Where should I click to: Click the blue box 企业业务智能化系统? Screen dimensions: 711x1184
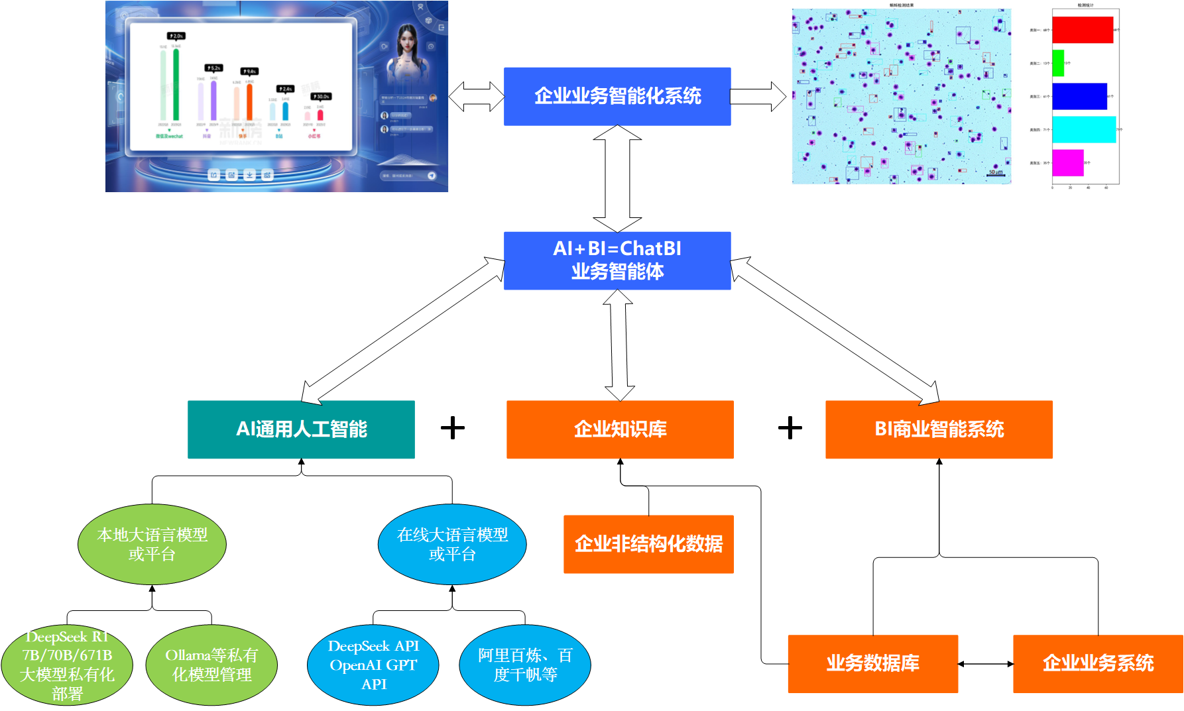(617, 97)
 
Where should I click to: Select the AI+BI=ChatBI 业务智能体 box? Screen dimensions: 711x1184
(617, 260)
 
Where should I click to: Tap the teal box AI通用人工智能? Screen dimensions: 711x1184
(301, 429)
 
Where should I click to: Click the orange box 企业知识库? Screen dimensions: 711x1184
(620, 429)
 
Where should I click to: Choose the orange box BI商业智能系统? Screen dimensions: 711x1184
(939, 429)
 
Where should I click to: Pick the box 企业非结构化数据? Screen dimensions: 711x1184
(648, 544)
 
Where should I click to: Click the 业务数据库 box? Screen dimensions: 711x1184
(872, 663)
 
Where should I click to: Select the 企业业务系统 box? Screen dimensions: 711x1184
(1098, 663)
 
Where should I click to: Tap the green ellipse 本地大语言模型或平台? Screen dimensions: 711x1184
(152, 544)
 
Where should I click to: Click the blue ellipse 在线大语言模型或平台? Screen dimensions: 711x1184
(452, 544)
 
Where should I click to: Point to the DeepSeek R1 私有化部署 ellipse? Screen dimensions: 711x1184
(67, 665)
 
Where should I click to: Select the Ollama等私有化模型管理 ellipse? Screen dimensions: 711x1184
(211, 665)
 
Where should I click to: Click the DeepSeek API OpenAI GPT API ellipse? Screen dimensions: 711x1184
(373, 665)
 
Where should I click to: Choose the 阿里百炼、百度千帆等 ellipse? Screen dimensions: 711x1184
(525, 665)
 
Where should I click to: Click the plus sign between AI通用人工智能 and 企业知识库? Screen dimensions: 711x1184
(453, 428)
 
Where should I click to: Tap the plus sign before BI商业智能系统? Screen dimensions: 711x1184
(790, 428)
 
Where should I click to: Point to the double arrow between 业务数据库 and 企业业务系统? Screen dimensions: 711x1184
(985, 663)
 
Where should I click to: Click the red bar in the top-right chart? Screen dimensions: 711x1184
(1082, 30)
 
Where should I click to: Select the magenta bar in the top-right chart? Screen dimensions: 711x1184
(1067, 163)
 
